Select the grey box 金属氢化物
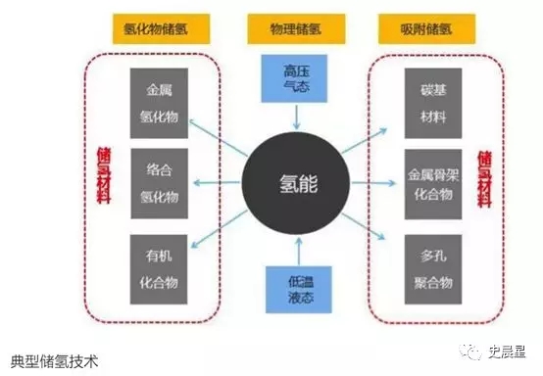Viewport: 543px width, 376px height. pos(158,103)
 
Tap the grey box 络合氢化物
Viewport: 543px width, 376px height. pos(158,184)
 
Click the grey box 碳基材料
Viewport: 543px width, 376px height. pos(431,103)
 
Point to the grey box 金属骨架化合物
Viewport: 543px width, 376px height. pos(431,184)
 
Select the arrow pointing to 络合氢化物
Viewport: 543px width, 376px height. pos(216,183)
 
